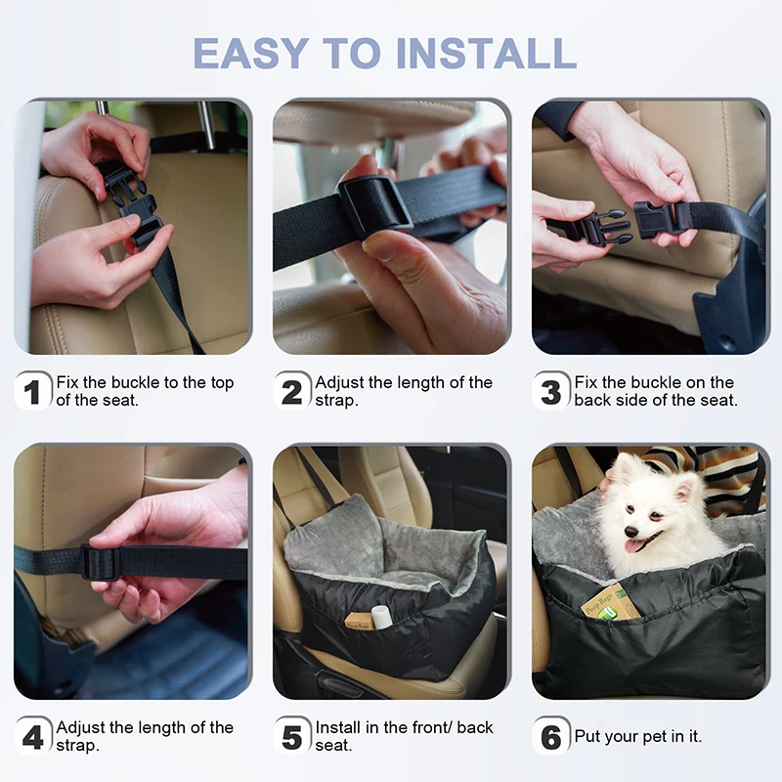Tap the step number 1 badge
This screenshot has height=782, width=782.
pyautogui.click(x=33, y=392)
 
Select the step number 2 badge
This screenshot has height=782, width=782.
pyautogui.click(x=292, y=392)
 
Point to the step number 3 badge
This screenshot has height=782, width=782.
pyautogui.click(x=551, y=392)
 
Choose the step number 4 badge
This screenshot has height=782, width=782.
pyautogui.click(x=33, y=737)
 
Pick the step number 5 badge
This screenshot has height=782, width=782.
pyautogui.click(x=292, y=737)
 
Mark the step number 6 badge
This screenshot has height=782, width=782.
pyautogui.click(x=551, y=737)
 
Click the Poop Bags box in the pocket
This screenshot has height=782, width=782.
pyautogui.click(x=610, y=602)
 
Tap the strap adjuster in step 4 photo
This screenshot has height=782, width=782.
pyautogui.click(x=99, y=562)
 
